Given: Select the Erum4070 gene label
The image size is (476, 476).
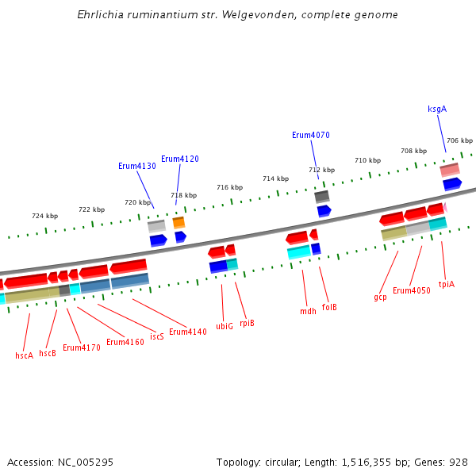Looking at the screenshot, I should pyautogui.click(x=311, y=135).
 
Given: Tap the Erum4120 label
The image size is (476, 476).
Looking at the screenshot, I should pyautogui.click(x=180, y=159).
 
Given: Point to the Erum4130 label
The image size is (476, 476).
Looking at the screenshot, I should pyautogui.click(x=137, y=166).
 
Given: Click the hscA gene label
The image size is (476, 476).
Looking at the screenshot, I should pyautogui.click(x=25, y=355).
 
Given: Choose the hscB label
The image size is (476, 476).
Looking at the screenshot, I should pyautogui.click(x=48, y=353).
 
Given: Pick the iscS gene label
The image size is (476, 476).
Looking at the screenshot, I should pyautogui.click(x=157, y=336).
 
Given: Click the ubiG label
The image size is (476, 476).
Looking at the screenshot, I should pyautogui.click(x=225, y=326).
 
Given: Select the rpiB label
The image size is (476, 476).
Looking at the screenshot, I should pyautogui.click(x=247, y=323).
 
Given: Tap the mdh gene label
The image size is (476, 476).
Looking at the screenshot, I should pyautogui.click(x=308, y=311).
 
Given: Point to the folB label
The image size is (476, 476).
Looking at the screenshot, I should pyautogui.click(x=329, y=306).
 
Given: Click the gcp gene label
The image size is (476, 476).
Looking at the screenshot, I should pyautogui.click(x=380, y=297).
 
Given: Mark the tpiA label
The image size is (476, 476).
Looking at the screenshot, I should pyautogui.click(x=447, y=283).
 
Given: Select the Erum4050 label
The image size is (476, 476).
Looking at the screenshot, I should pyautogui.click(x=412, y=290).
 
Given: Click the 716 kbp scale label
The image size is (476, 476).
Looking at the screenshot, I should pyautogui.click(x=229, y=187).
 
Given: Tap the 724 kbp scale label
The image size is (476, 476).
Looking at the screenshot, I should pyautogui.click(x=44, y=216).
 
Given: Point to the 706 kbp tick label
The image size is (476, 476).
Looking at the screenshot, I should pyautogui.click(x=459, y=140).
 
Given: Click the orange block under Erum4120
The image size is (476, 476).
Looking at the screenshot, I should pyautogui.click(x=178, y=223).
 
